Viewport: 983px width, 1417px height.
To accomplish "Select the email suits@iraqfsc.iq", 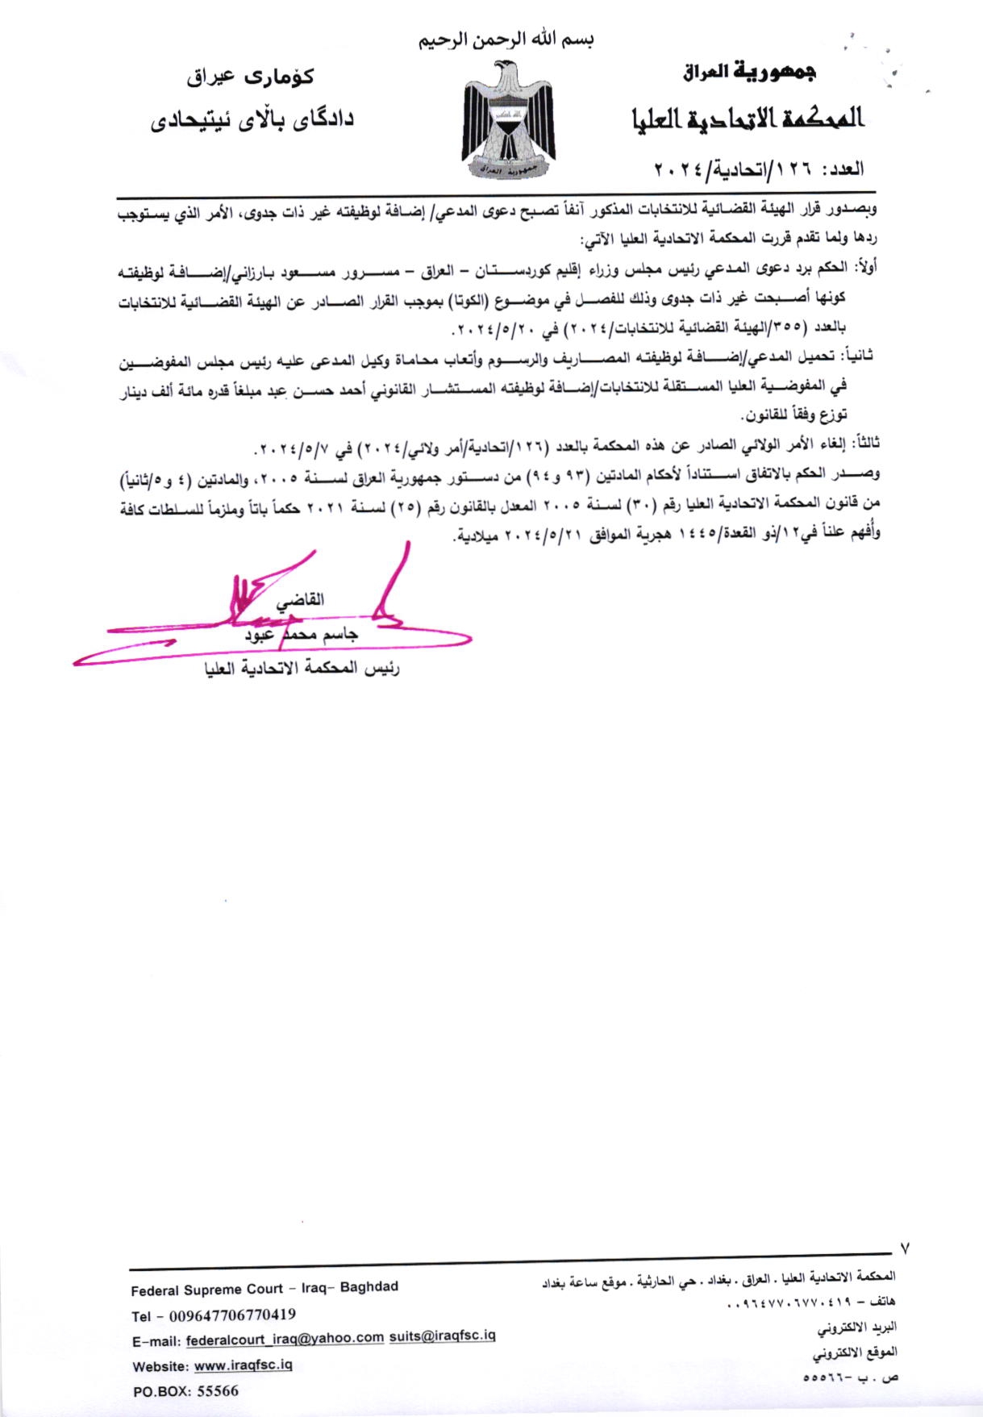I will tap(442, 1336).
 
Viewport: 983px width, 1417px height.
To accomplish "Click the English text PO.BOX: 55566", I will tap(185, 1391).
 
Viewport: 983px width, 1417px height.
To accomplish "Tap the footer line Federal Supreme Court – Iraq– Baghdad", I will tap(264, 1287).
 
